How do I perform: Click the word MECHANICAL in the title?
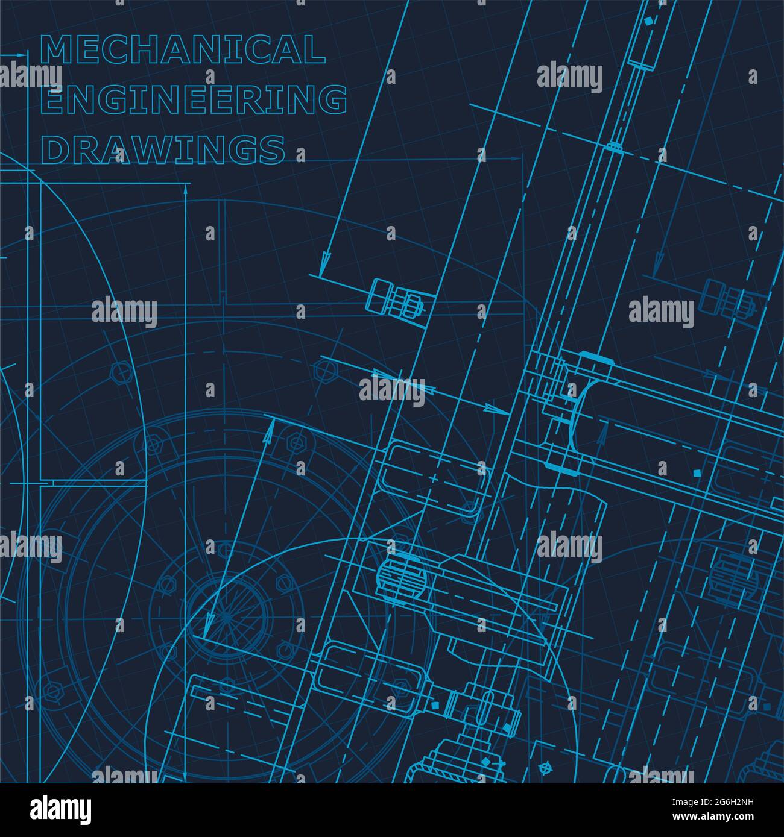(182, 49)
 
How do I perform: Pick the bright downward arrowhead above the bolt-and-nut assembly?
(325, 262)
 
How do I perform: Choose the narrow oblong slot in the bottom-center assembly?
(484, 708)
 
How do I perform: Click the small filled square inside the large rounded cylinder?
(698, 473)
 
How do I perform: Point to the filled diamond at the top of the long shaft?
(649, 21)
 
